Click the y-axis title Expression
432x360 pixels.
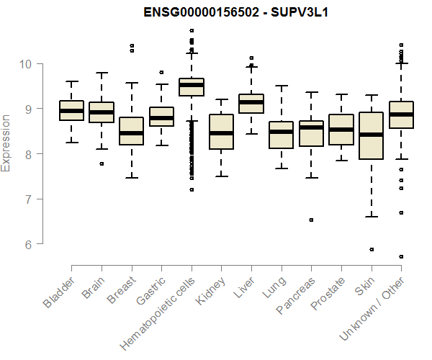pyautogui.click(x=6, y=143)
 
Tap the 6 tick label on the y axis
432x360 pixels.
pyautogui.click(x=27, y=244)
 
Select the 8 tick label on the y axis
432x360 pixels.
pyautogui.click(x=27, y=154)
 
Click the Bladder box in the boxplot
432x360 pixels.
pyautogui.click(x=71, y=110)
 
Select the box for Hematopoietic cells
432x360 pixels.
pyautogui.click(x=192, y=87)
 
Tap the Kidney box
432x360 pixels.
pyautogui.click(x=221, y=132)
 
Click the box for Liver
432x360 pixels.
pyautogui.click(x=251, y=104)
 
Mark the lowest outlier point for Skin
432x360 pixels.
pyautogui.click(x=372, y=249)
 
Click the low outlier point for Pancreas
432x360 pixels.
pyautogui.click(x=311, y=220)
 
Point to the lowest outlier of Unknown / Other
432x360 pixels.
pyautogui.click(x=401, y=256)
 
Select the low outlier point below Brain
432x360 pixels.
pyautogui.click(x=102, y=163)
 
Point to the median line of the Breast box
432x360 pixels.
pyautogui.click(x=131, y=133)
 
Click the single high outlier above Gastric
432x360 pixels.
pyautogui.click(x=161, y=72)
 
